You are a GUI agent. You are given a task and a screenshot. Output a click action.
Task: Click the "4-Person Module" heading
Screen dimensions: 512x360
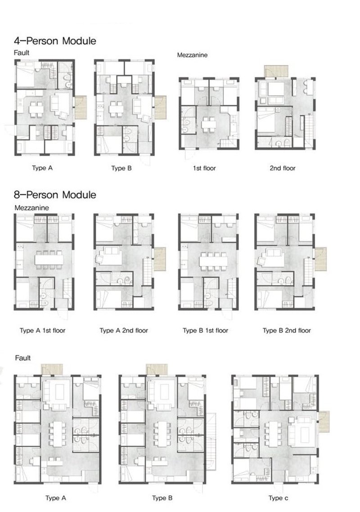click(x=55, y=41)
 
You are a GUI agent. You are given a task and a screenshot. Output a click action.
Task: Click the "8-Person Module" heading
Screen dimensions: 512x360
click(x=55, y=195)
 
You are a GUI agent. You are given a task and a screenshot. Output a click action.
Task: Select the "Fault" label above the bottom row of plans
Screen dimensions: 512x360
click(x=22, y=358)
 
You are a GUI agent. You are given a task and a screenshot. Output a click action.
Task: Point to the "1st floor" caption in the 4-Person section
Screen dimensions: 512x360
click(x=204, y=168)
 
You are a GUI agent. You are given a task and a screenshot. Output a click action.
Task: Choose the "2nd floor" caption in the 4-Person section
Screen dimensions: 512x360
click(x=283, y=168)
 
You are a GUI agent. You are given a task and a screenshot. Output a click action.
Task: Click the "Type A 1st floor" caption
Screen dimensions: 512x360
click(x=43, y=331)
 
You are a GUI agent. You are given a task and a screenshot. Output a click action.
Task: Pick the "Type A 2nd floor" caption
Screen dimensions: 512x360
click(x=124, y=331)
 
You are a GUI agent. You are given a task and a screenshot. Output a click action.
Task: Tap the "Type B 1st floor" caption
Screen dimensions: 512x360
click(x=205, y=331)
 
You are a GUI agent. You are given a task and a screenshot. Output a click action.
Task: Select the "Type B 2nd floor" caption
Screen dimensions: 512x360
click(x=287, y=331)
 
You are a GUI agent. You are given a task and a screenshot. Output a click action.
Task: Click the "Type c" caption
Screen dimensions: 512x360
click(x=279, y=498)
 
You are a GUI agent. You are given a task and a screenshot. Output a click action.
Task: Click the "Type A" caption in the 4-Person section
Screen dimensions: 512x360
click(x=42, y=168)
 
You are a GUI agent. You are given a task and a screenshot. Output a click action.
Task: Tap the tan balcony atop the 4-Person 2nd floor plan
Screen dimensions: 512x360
click(x=275, y=72)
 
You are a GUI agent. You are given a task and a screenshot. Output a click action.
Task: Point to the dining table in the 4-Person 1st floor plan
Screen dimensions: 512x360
click(x=208, y=123)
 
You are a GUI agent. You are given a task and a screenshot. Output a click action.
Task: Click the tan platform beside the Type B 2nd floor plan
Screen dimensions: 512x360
click(x=320, y=259)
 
